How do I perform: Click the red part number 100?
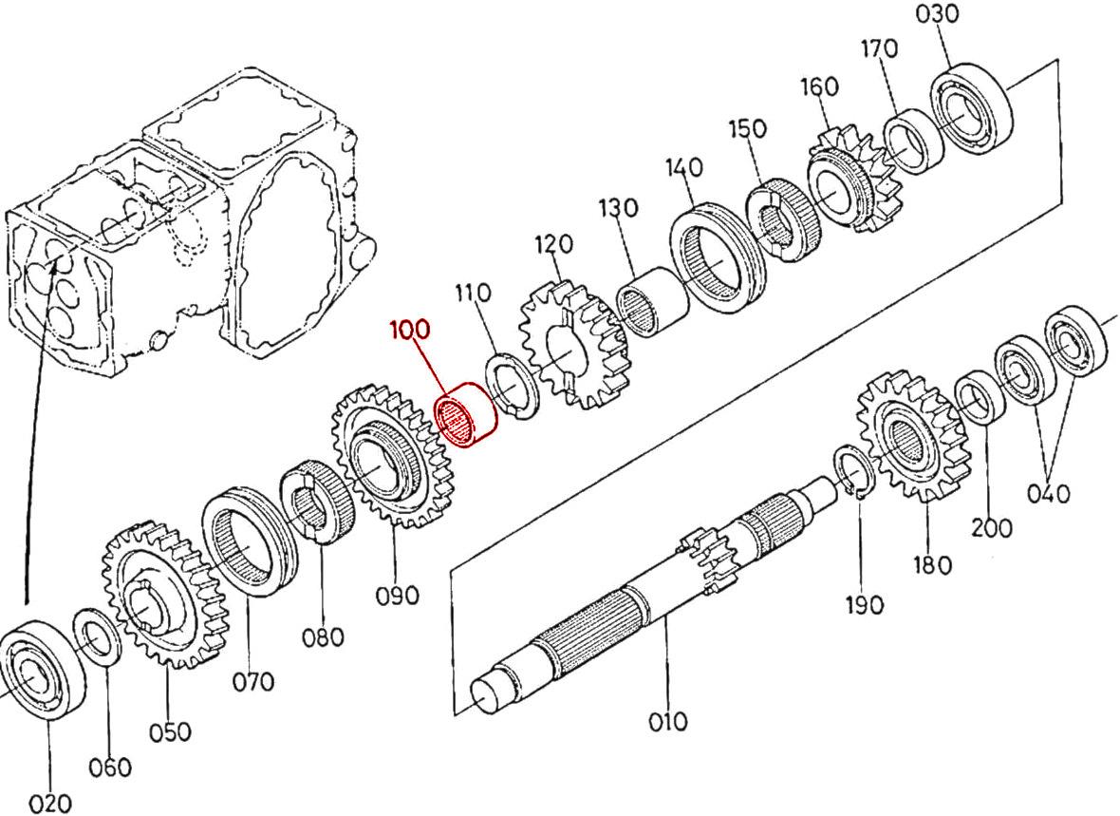tap(410, 330)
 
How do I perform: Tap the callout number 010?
tap(668, 722)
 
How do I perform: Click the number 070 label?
tap(252, 681)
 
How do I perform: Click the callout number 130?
tap(619, 208)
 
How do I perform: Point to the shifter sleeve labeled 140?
tap(716, 256)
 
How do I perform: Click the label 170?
tap(879, 49)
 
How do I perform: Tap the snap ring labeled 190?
tap(855, 471)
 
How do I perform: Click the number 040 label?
tap(1049, 494)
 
